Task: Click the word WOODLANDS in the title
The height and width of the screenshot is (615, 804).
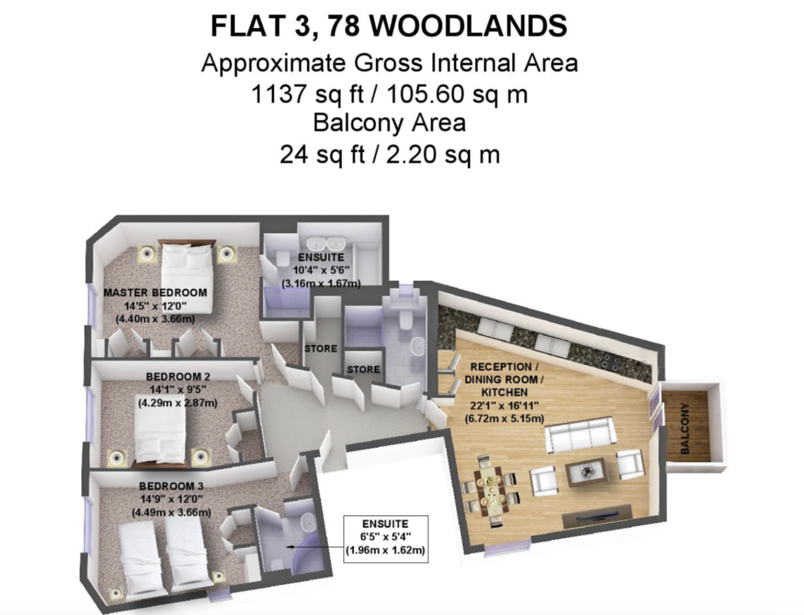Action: coord(468,26)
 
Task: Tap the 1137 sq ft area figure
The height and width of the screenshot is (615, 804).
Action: coord(308,94)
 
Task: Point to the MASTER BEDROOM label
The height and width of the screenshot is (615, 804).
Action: coord(155,293)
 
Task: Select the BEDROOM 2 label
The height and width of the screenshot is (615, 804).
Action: coord(178,377)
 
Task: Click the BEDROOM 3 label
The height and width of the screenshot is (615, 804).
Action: coord(172,486)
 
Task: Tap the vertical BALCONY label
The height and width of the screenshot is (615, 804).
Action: coord(684,429)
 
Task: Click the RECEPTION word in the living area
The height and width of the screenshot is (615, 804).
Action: coord(501,366)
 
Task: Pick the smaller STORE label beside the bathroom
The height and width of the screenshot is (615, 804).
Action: coord(363,369)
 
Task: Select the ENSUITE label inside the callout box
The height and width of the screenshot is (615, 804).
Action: coord(385,524)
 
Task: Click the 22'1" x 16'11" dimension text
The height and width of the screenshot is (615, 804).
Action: coord(505,405)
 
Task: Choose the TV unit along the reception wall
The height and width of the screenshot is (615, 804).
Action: coord(597,517)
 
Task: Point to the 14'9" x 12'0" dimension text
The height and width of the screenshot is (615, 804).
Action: coord(172,499)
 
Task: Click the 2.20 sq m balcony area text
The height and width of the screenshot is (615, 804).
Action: coord(442,155)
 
